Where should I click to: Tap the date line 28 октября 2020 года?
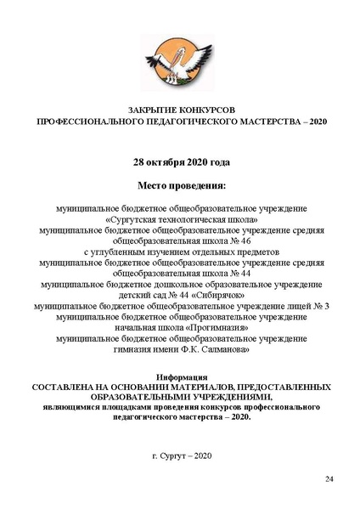point(180,161)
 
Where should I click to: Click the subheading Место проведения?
point(180,184)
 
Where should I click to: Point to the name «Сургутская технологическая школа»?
point(180,218)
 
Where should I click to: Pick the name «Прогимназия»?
point(209,327)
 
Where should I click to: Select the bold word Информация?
point(180,376)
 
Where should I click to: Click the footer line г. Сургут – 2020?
point(180,456)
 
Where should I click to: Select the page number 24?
point(329,481)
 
